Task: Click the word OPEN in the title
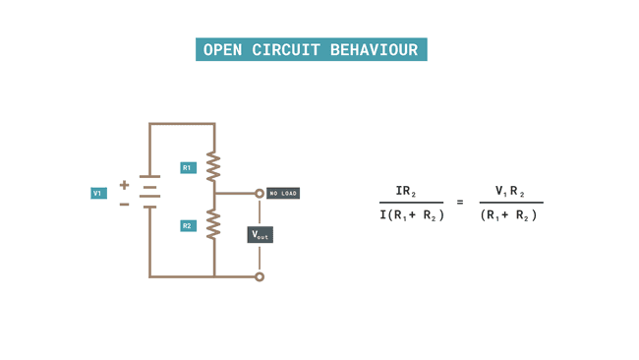tap(224, 50)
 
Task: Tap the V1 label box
tap(98, 194)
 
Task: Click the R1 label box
tap(188, 168)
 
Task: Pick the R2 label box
tap(188, 226)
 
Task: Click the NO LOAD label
tap(283, 194)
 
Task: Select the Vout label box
tap(260, 235)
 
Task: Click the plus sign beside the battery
tap(124, 185)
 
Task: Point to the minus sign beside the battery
tap(124, 205)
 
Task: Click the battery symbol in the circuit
tap(149, 193)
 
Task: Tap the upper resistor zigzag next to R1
tap(213, 167)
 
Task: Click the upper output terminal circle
tap(260, 194)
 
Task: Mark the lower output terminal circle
tap(260, 276)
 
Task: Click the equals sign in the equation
tap(460, 203)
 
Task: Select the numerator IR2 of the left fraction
tap(406, 192)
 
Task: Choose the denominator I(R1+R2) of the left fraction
tap(412, 215)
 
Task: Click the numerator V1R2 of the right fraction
tap(509, 192)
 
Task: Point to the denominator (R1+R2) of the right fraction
tap(509, 215)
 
